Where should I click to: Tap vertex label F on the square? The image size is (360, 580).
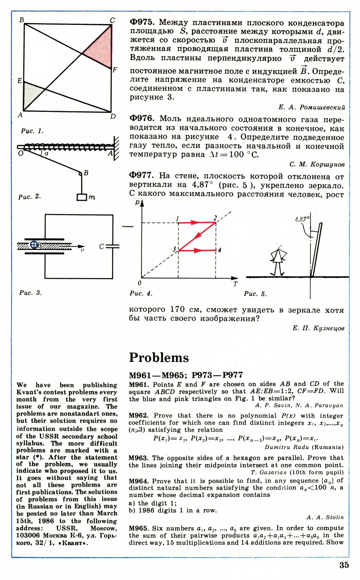click(115, 70)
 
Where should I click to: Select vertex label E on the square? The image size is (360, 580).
click(20, 81)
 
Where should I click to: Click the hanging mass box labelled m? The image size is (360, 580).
click(82, 197)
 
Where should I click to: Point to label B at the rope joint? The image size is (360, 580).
click(86, 173)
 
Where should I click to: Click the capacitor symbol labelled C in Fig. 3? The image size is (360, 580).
click(112, 246)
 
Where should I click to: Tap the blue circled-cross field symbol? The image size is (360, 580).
click(34, 245)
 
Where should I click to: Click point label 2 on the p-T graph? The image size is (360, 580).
click(215, 218)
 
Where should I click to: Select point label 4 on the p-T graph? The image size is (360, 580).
click(220, 250)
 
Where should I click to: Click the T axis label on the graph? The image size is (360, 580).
click(235, 284)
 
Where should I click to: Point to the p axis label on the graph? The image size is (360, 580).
click(137, 202)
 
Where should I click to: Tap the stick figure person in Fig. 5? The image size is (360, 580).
click(278, 260)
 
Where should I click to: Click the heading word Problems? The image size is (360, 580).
click(159, 358)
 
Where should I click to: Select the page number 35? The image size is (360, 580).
click(344, 565)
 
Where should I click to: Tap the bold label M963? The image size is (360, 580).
click(138, 458)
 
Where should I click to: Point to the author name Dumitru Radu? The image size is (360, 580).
click(287, 447)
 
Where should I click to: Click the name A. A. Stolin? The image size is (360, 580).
click(325, 517)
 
